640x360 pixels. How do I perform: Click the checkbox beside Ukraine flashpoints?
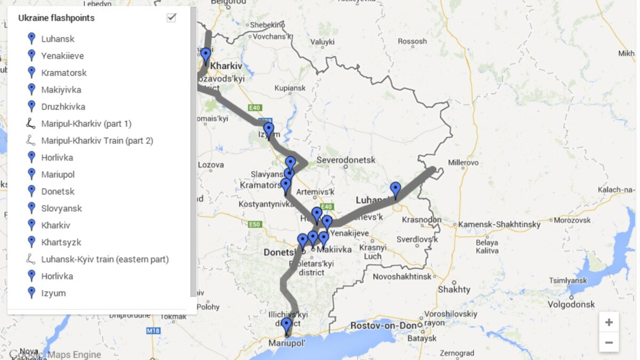click(171, 18)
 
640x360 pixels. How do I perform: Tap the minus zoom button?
click(609, 342)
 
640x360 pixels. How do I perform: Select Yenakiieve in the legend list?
click(62, 56)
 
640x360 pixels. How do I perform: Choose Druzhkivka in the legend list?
click(63, 107)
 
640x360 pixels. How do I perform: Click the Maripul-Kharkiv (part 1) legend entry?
click(86, 124)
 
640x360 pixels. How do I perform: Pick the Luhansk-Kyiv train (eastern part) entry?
click(105, 259)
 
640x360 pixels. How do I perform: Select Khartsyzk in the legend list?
click(61, 242)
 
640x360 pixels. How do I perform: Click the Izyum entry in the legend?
click(53, 293)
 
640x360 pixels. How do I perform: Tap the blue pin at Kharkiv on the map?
click(206, 55)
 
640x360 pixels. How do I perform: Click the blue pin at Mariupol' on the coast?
click(286, 325)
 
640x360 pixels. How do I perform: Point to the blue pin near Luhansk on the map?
click(395, 190)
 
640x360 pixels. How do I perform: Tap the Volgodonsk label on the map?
click(571, 305)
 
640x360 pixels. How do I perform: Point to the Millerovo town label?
click(463, 162)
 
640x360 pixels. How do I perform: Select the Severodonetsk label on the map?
click(346, 160)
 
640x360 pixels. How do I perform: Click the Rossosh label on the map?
click(412, 41)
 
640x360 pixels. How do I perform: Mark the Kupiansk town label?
click(289, 88)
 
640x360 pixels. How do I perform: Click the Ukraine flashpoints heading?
click(56, 18)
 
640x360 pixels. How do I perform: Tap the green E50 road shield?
click(255, 224)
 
